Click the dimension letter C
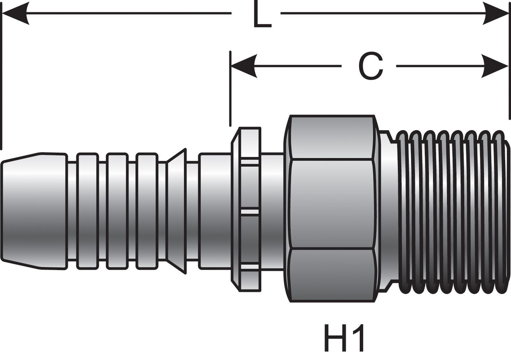pyautogui.click(x=370, y=66)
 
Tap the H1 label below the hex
pyautogui.click(x=344, y=338)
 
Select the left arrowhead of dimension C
pyautogui.click(x=243, y=66)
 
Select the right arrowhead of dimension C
pyautogui.click(x=495, y=66)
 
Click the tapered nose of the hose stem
pyautogui.click(x=34, y=211)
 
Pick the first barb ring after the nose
pyautogui.click(x=87, y=211)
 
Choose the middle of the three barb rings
pyautogui.click(x=117, y=211)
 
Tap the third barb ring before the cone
pyautogui.click(x=147, y=211)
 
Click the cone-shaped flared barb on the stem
pyautogui.click(x=176, y=211)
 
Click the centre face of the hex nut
pyautogui.click(x=331, y=205)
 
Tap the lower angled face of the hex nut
pyautogui.click(x=331, y=275)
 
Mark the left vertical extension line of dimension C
pyautogui.click(x=230, y=88)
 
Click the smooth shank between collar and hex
pyautogui.click(x=272, y=211)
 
